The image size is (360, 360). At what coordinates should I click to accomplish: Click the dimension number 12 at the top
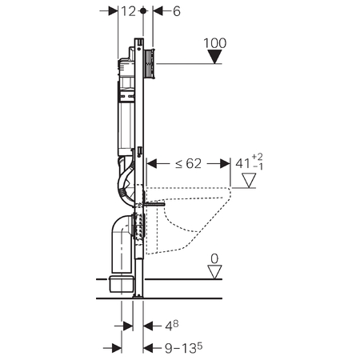coord(129,11)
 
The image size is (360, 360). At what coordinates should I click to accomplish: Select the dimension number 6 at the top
coord(177,11)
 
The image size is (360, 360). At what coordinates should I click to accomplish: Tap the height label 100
coord(215,43)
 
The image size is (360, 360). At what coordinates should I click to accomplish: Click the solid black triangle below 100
coord(214,57)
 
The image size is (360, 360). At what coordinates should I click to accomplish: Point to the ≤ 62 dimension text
coord(188,163)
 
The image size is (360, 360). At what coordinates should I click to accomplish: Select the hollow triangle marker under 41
coord(249,180)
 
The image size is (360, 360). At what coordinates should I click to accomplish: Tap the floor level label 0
coord(214,258)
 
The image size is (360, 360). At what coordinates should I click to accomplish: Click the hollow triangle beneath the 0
coord(214,272)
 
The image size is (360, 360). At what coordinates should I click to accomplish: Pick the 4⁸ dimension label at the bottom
coord(171,326)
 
